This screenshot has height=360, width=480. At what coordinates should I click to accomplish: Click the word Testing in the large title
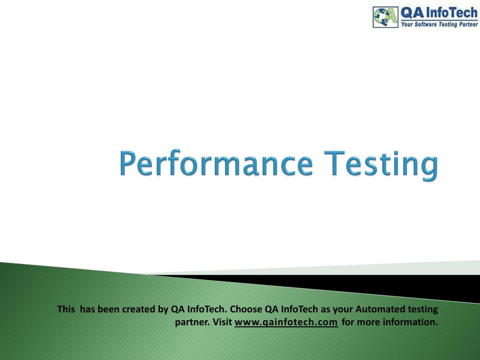381,165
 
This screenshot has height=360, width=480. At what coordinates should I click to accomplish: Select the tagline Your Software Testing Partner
439,24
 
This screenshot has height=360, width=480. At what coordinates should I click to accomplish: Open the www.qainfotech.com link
286,322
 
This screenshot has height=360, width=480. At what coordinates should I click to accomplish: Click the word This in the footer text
66,309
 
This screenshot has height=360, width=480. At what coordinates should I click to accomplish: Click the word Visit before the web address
222,322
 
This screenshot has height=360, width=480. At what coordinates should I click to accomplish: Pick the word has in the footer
88,309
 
